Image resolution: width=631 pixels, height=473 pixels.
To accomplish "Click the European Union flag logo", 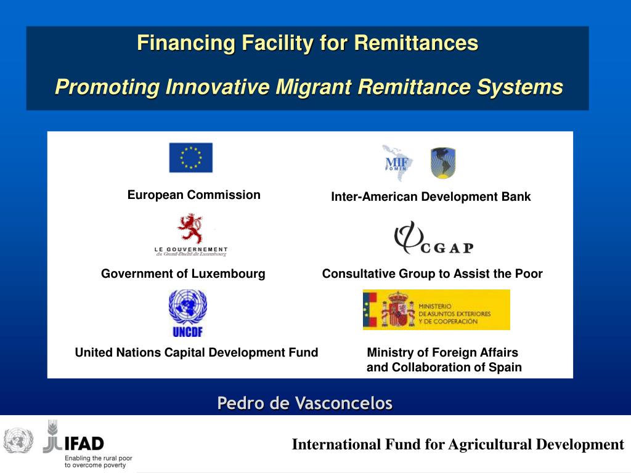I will [x=191, y=158].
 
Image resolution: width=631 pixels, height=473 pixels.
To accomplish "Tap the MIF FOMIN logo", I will [x=397, y=163].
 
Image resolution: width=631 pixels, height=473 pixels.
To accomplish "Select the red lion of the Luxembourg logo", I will [x=190, y=228].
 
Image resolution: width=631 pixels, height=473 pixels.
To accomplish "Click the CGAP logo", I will [x=433, y=238].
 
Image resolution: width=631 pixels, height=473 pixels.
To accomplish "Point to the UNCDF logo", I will [x=188, y=313].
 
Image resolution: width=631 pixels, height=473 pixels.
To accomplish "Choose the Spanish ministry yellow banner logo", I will [x=436, y=310].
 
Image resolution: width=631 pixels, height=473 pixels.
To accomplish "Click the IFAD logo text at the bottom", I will [x=84, y=443].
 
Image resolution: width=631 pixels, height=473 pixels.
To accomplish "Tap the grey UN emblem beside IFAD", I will [x=18, y=440].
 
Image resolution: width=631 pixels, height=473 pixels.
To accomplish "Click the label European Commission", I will [x=194, y=195].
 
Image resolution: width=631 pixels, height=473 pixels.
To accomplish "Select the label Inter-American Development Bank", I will [x=431, y=197].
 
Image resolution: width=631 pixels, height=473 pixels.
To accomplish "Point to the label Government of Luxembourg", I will [x=183, y=273].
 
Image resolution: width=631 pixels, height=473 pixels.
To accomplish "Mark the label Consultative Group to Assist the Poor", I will [x=432, y=273].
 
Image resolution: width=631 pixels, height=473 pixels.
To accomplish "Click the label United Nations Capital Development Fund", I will [x=197, y=352].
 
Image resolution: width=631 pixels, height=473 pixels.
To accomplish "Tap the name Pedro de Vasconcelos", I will [x=304, y=403].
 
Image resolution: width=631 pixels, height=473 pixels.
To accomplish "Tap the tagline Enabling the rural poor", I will [x=99, y=458].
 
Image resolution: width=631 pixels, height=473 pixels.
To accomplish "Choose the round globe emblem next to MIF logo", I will [x=442, y=163].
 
